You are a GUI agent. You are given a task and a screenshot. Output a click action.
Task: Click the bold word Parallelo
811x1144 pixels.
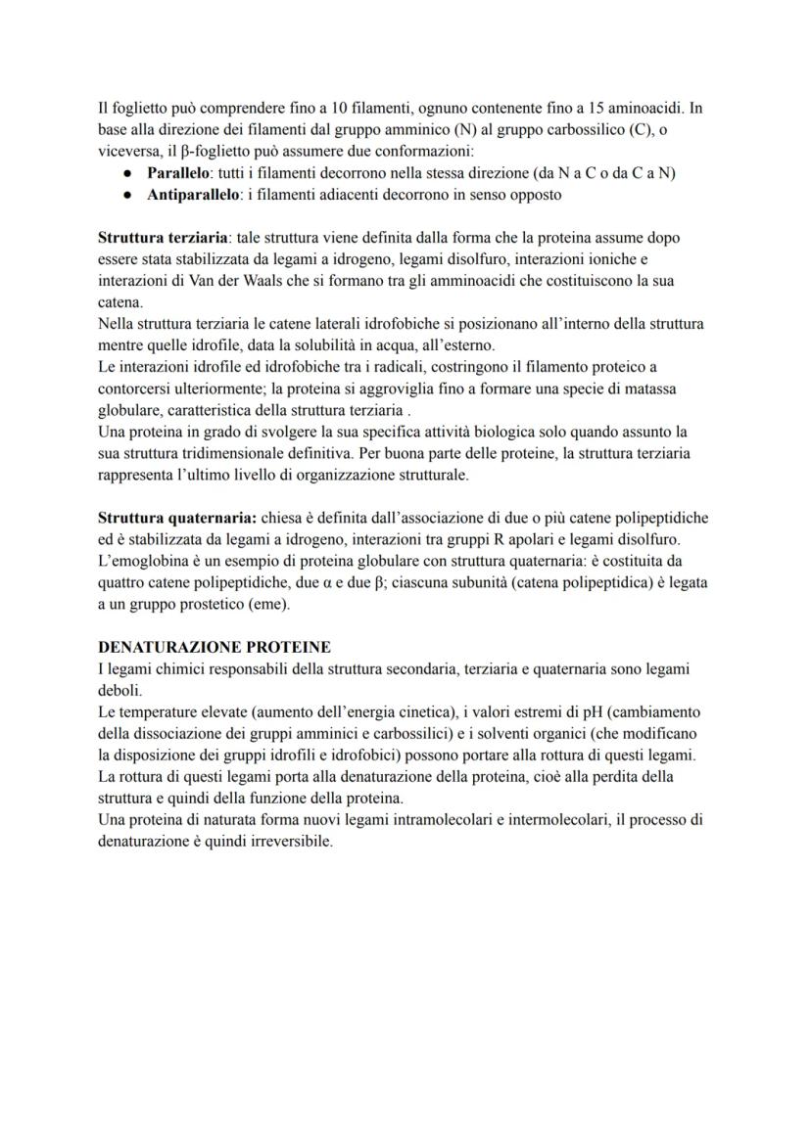[x=181, y=173]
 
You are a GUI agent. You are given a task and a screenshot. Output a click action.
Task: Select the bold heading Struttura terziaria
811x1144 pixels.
[x=160, y=238]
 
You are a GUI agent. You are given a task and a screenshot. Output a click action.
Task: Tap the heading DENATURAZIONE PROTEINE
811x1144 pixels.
[x=215, y=647]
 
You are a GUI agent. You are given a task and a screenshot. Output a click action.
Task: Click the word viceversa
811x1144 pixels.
[x=130, y=152]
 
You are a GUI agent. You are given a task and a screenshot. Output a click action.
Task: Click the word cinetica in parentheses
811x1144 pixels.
[x=405, y=711]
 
